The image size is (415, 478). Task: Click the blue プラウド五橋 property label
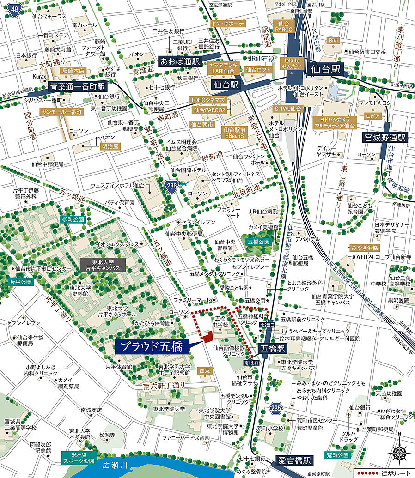(152, 346)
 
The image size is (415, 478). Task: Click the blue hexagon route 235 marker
(276, 408)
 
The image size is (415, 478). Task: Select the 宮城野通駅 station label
(384, 138)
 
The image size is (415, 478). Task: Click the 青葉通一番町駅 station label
(77, 86)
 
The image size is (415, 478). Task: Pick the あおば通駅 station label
(180, 61)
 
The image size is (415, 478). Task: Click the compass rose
(399, 453)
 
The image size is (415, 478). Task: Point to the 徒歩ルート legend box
(382, 473)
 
